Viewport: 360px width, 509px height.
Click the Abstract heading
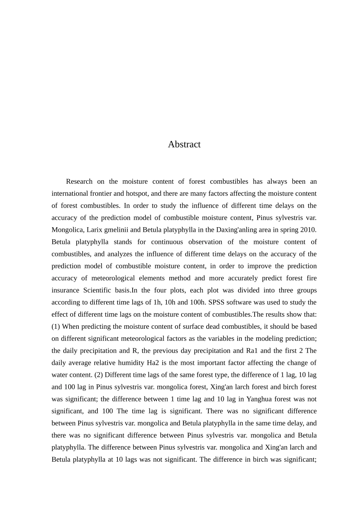click(x=184, y=144)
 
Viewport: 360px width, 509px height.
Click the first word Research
click(x=79, y=181)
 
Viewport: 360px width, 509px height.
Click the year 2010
click(x=308, y=230)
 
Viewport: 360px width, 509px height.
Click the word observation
click(x=205, y=242)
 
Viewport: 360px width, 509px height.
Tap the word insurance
click(x=66, y=290)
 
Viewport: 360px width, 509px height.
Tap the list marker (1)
click(x=56, y=326)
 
